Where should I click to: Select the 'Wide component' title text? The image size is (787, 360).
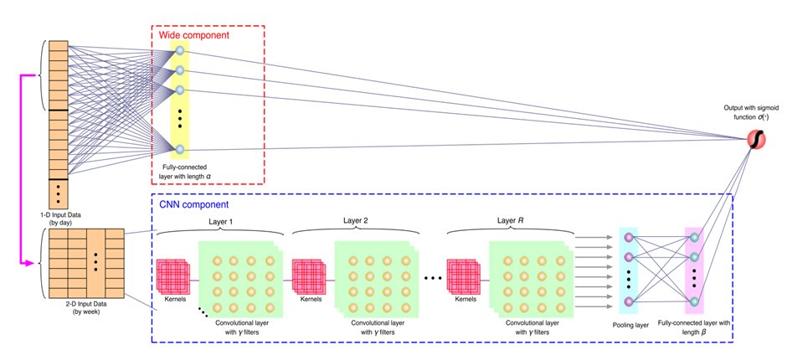[x=193, y=36]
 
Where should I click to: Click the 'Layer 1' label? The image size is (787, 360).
[x=222, y=221]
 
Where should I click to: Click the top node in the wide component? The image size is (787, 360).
[x=178, y=52]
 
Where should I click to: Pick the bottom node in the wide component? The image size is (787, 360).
[x=178, y=150]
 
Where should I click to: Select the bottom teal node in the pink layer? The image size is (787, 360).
[x=694, y=301]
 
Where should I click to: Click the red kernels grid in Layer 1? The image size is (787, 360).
[x=172, y=274]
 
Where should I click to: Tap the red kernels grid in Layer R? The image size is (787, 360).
[x=464, y=274]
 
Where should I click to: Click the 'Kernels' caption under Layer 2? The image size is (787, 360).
[x=310, y=298]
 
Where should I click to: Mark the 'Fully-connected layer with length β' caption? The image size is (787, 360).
[x=695, y=327]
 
